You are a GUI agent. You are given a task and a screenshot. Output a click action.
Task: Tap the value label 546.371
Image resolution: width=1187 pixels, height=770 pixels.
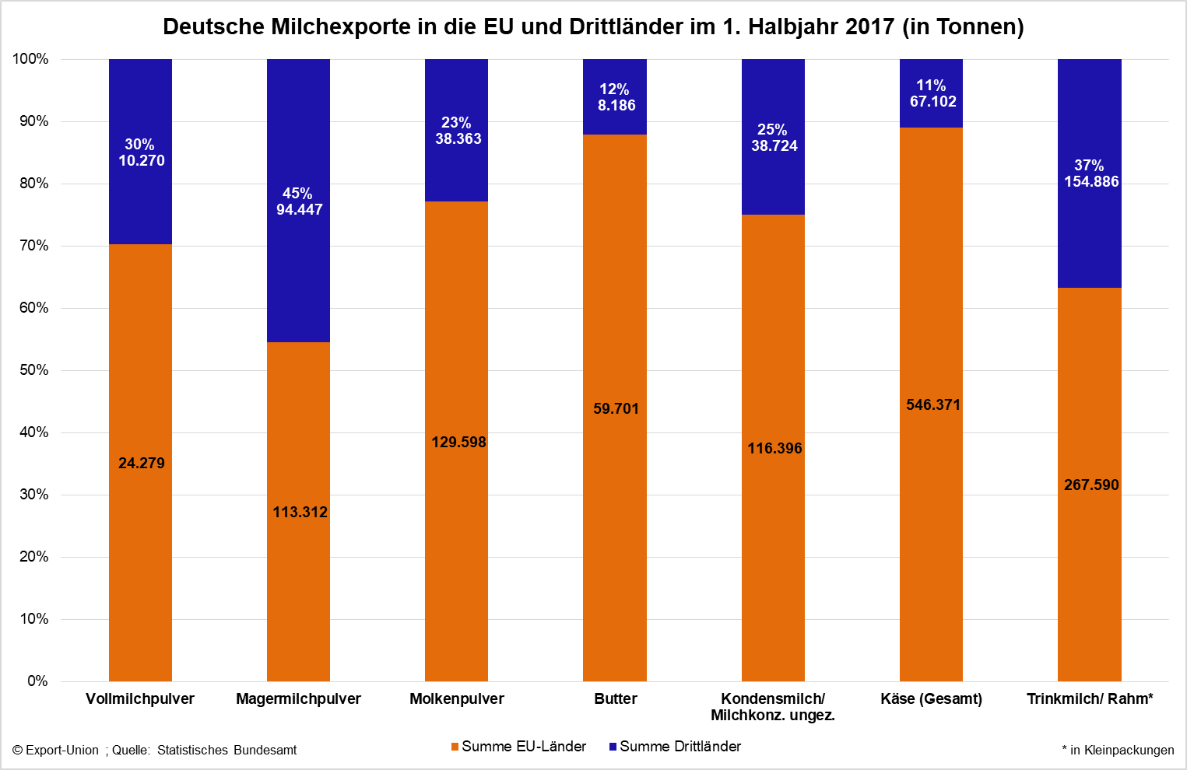932,404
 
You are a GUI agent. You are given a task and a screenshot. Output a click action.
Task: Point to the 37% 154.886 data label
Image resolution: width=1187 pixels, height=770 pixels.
1090,173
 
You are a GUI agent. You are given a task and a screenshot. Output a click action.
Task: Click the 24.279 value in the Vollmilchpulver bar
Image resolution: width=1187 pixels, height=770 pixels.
141,463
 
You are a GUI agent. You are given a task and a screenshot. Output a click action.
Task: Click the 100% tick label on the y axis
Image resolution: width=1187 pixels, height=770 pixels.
30,59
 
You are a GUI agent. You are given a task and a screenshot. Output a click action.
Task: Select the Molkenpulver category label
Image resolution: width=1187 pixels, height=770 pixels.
457,698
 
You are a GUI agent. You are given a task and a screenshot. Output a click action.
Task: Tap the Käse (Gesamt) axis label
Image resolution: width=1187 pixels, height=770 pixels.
931,698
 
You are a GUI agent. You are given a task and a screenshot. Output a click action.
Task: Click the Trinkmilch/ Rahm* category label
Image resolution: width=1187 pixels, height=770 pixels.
1090,698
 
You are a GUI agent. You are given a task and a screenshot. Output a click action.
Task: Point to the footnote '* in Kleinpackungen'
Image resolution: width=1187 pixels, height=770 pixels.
1118,750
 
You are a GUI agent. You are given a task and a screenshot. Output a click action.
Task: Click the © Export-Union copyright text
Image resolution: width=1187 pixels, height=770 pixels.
55,751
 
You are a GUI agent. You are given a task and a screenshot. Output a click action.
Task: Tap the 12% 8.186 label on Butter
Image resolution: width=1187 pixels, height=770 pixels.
616,97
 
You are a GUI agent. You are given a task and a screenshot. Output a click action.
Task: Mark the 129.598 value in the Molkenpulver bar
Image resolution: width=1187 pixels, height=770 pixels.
458,442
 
